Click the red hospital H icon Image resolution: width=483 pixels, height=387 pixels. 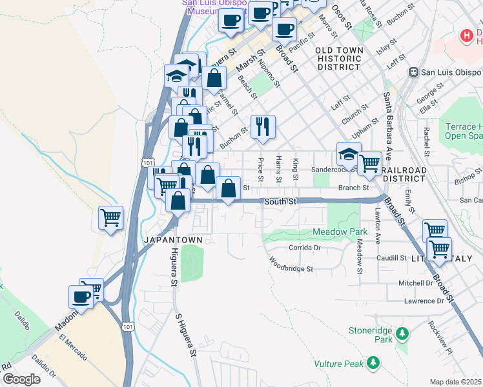point(466,36)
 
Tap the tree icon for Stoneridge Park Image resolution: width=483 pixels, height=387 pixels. point(403,333)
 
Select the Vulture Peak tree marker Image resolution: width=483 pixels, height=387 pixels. point(373,364)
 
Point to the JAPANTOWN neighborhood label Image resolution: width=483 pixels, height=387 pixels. point(172,239)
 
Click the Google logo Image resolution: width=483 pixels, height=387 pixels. point(21,379)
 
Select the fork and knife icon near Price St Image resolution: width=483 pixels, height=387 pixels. point(262,127)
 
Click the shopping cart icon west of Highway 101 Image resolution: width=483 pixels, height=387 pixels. point(110,218)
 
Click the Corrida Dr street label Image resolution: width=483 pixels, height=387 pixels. point(305,248)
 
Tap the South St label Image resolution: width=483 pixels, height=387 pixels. point(280,202)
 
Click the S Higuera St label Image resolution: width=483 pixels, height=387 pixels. point(185,335)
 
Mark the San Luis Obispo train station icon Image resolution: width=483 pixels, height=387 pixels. point(414,72)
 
